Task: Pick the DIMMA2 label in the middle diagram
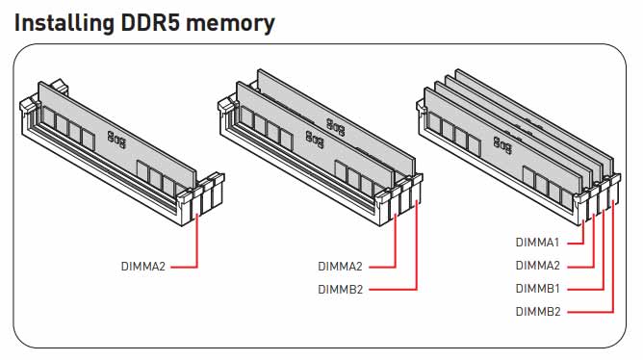[x=340, y=266]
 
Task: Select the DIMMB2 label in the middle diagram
[x=340, y=289]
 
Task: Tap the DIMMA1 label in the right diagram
[x=537, y=243]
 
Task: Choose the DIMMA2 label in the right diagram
[x=537, y=266]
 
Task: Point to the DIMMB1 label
[x=537, y=289]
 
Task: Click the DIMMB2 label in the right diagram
[x=537, y=312]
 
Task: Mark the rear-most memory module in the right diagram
[x=534, y=106]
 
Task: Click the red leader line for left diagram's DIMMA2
[x=197, y=245]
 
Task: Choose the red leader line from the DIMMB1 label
[x=604, y=260]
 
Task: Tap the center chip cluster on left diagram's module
[x=117, y=139]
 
